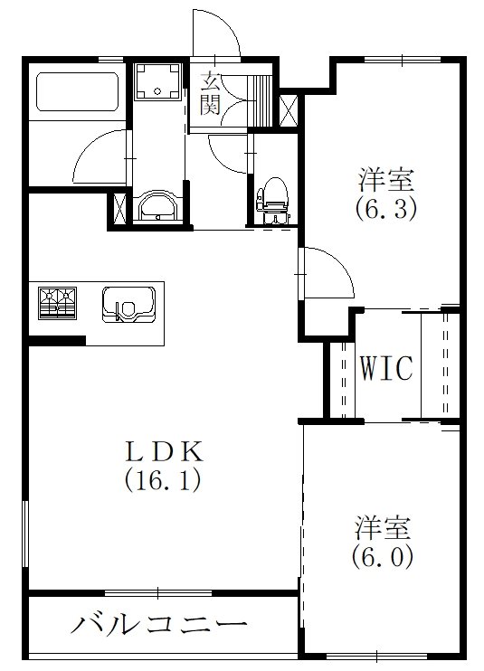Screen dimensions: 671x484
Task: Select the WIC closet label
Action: [x=385, y=368]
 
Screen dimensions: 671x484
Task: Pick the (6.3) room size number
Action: [x=384, y=210]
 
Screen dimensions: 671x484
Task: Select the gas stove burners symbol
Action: [x=57, y=302]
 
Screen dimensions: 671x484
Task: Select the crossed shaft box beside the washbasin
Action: [x=119, y=206]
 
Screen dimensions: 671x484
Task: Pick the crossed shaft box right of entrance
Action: [x=289, y=109]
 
